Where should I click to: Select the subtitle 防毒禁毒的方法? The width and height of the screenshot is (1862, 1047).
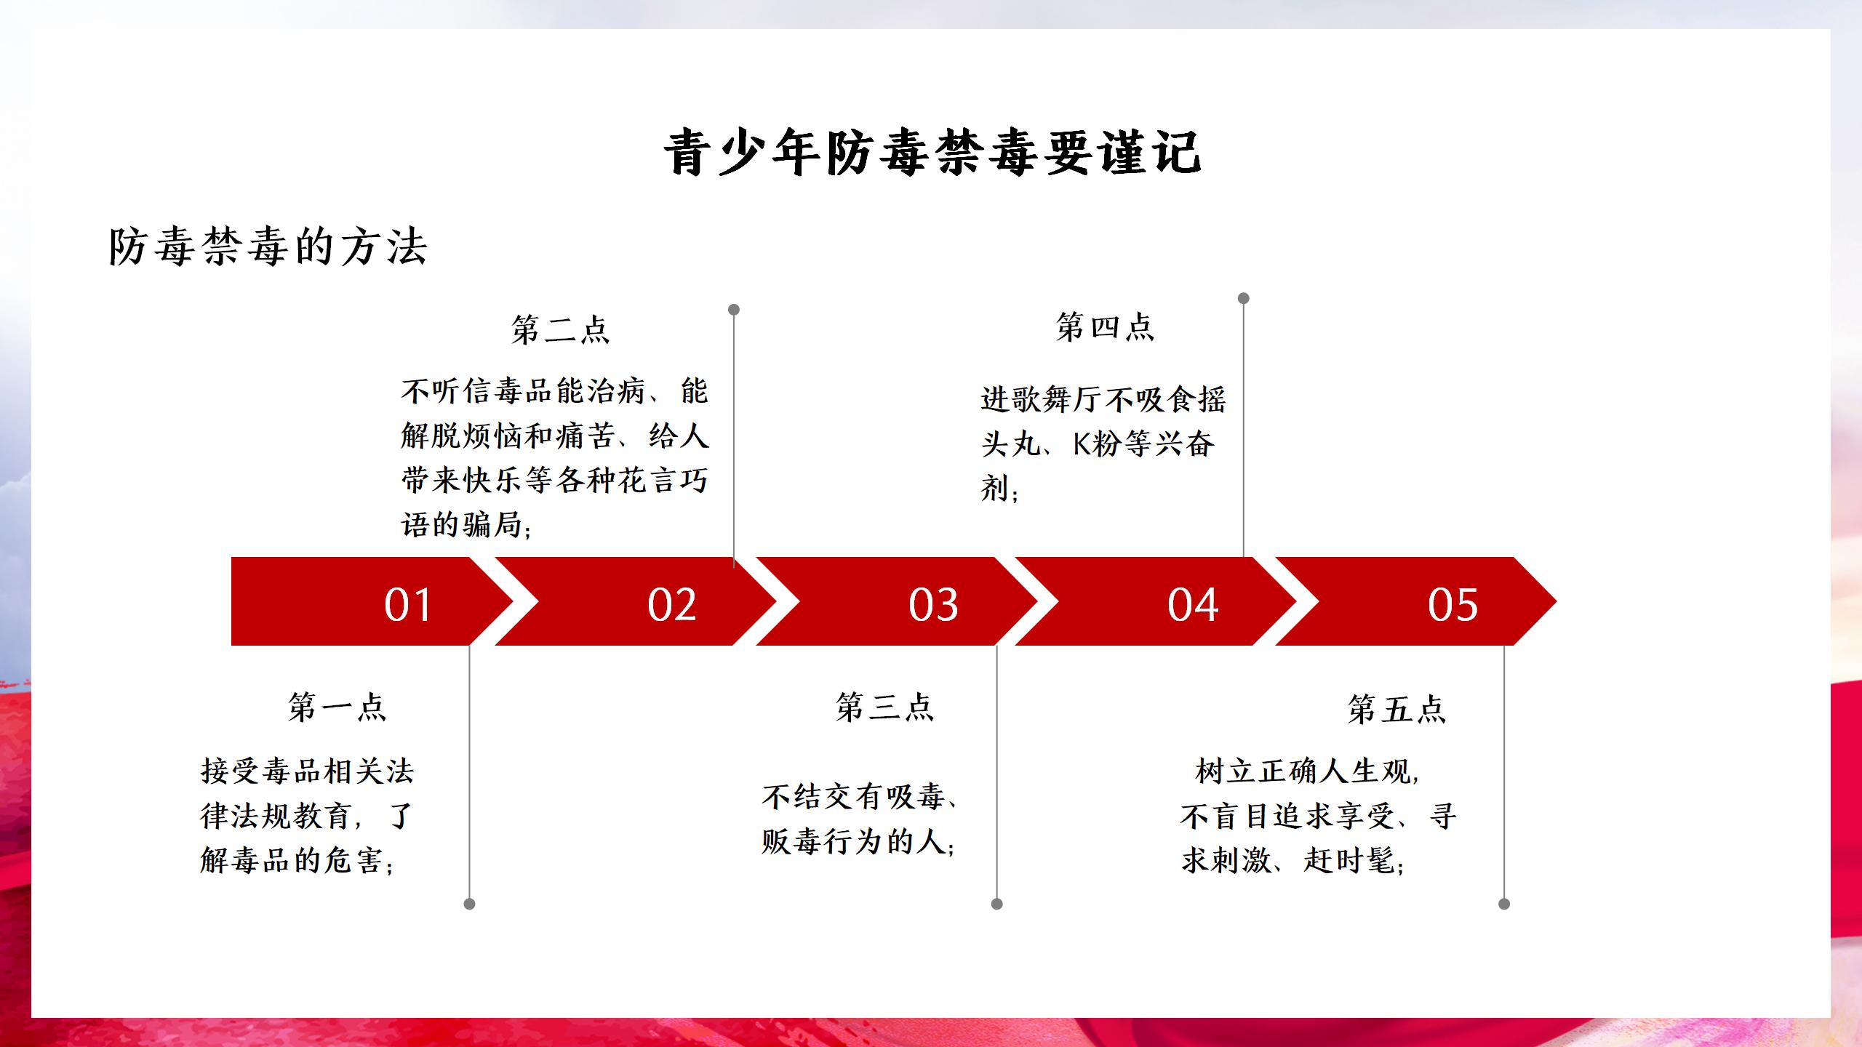pyautogui.click(x=268, y=246)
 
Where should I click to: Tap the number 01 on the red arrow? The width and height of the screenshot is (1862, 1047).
pyautogui.click(x=408, y=604)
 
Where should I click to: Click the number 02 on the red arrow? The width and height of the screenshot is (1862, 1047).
pyautogui.click(x=671, y=604)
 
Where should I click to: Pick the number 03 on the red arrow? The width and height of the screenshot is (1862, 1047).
pyautogui.click(x=933, y=604)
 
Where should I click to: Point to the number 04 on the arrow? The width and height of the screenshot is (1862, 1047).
pyautogui.click(x=1193, y=604)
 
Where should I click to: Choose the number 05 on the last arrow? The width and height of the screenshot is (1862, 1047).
pyautogui.click(x=1453, y=604)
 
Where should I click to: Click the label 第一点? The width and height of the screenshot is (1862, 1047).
pyautogui.click(x=337, y=707)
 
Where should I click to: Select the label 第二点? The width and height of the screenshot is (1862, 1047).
pyautogui.click(x=560, y=329)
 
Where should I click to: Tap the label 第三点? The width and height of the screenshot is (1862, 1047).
pyautogui.click(x=884, y=707)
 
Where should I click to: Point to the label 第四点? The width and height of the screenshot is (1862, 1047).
pyautogui.click(x=1105, y=326)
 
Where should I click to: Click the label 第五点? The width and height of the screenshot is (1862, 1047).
pyautogui.click(x=1396, y=709)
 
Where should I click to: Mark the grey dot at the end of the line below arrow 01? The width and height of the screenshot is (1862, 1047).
pyautogui.click(x=469, y=904)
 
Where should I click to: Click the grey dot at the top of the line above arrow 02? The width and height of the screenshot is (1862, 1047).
pyautogui.click(x=734, y=310)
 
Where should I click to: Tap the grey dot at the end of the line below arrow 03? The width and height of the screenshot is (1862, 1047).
pyautogui.click(x=997, y=904)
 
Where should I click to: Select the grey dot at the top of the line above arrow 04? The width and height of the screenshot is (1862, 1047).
pyautogui.click(x=1244, y=298)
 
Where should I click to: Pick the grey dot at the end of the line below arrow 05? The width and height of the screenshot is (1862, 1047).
pyautogui.click(x=1504, y=904)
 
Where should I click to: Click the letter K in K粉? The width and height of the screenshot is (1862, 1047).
pyautogui.click(x=1082, y=444)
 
